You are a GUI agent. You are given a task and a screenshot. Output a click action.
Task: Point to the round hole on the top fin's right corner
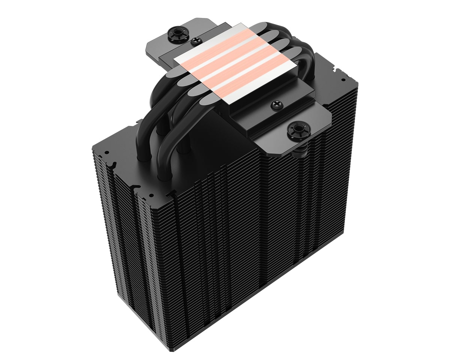(343, 80)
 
